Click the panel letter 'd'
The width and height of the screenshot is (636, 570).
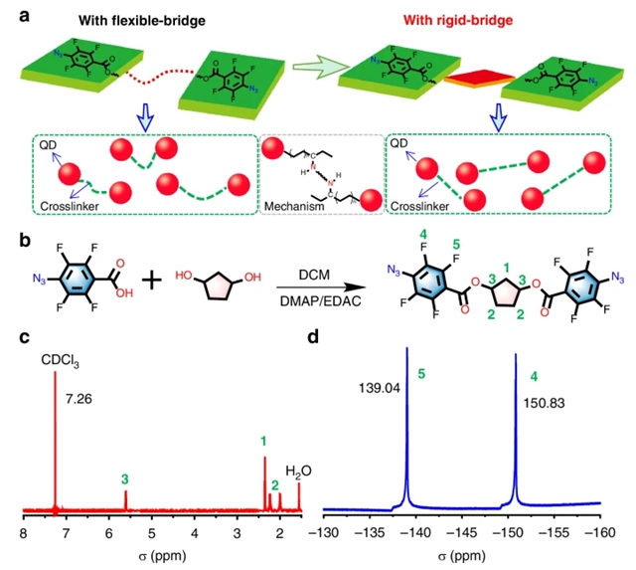[314, 338]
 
